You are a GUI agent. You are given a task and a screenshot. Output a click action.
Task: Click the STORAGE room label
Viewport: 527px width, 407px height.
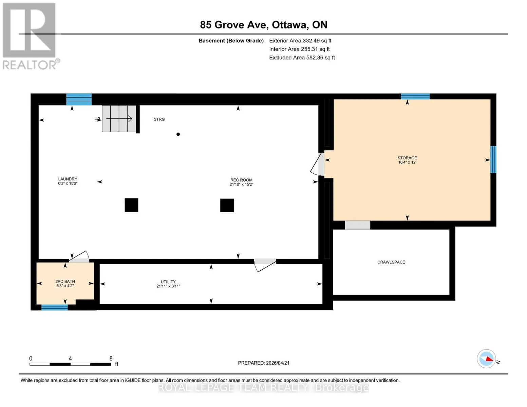(407, 158)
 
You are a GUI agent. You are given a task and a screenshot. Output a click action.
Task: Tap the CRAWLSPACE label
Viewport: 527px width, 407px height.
(391, 262)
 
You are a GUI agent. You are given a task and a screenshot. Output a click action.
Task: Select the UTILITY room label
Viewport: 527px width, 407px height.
(168, 282)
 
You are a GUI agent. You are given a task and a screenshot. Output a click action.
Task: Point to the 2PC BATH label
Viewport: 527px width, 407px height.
(65, 282)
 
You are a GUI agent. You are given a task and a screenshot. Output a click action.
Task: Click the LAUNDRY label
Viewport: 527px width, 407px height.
(68, 179)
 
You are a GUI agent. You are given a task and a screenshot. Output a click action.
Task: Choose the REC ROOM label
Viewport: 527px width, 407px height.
(241, 180)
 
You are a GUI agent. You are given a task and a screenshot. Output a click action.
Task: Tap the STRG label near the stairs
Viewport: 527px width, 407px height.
(159, 119)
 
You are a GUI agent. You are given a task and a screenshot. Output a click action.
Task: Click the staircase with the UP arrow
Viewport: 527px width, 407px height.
(118, 118)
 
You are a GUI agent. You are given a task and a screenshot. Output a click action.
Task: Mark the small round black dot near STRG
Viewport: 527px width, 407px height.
(178, 134)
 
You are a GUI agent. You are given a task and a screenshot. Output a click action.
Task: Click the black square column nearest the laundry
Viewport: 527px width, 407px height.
(131, 205)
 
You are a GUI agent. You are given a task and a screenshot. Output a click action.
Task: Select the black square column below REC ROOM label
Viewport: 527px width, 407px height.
(227, 205)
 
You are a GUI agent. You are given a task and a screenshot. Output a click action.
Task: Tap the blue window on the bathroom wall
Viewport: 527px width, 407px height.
(55, 307)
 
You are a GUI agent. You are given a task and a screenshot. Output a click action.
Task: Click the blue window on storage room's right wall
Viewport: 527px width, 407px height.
(493, 159)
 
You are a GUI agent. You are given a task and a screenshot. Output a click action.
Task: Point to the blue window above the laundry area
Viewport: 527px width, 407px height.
(79, 99)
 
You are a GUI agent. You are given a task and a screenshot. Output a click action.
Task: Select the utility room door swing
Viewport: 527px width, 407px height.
(265, 266)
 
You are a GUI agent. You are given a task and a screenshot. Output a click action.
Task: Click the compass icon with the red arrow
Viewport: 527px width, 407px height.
(486, 359)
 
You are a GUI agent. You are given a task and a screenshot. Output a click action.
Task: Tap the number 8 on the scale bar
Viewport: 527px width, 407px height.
(111, 358)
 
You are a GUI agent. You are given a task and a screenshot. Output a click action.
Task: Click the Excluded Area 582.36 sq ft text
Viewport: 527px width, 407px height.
(302, 58)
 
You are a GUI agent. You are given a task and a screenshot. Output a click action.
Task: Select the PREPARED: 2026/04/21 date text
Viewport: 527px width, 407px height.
(264, 363)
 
